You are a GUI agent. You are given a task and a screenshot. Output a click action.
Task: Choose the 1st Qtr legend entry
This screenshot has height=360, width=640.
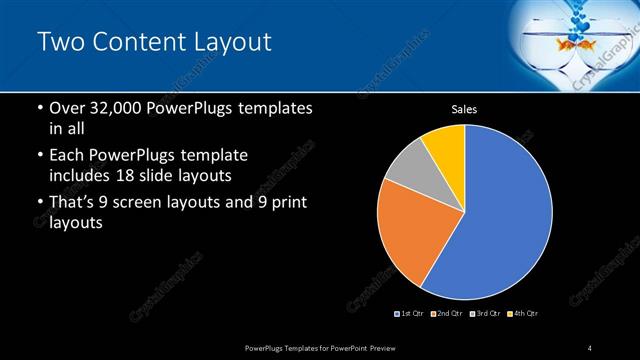[x=410, y=314]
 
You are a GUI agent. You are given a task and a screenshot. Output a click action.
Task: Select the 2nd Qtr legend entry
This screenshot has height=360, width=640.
[x=448, y=314]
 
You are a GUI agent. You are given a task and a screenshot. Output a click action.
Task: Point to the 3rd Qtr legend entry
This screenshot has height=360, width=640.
[x=486, y=314]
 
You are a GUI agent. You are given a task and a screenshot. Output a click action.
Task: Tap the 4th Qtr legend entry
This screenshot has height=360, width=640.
[x=523, y=314]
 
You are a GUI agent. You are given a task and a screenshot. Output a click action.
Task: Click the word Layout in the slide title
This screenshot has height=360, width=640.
[x=226, y=42]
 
